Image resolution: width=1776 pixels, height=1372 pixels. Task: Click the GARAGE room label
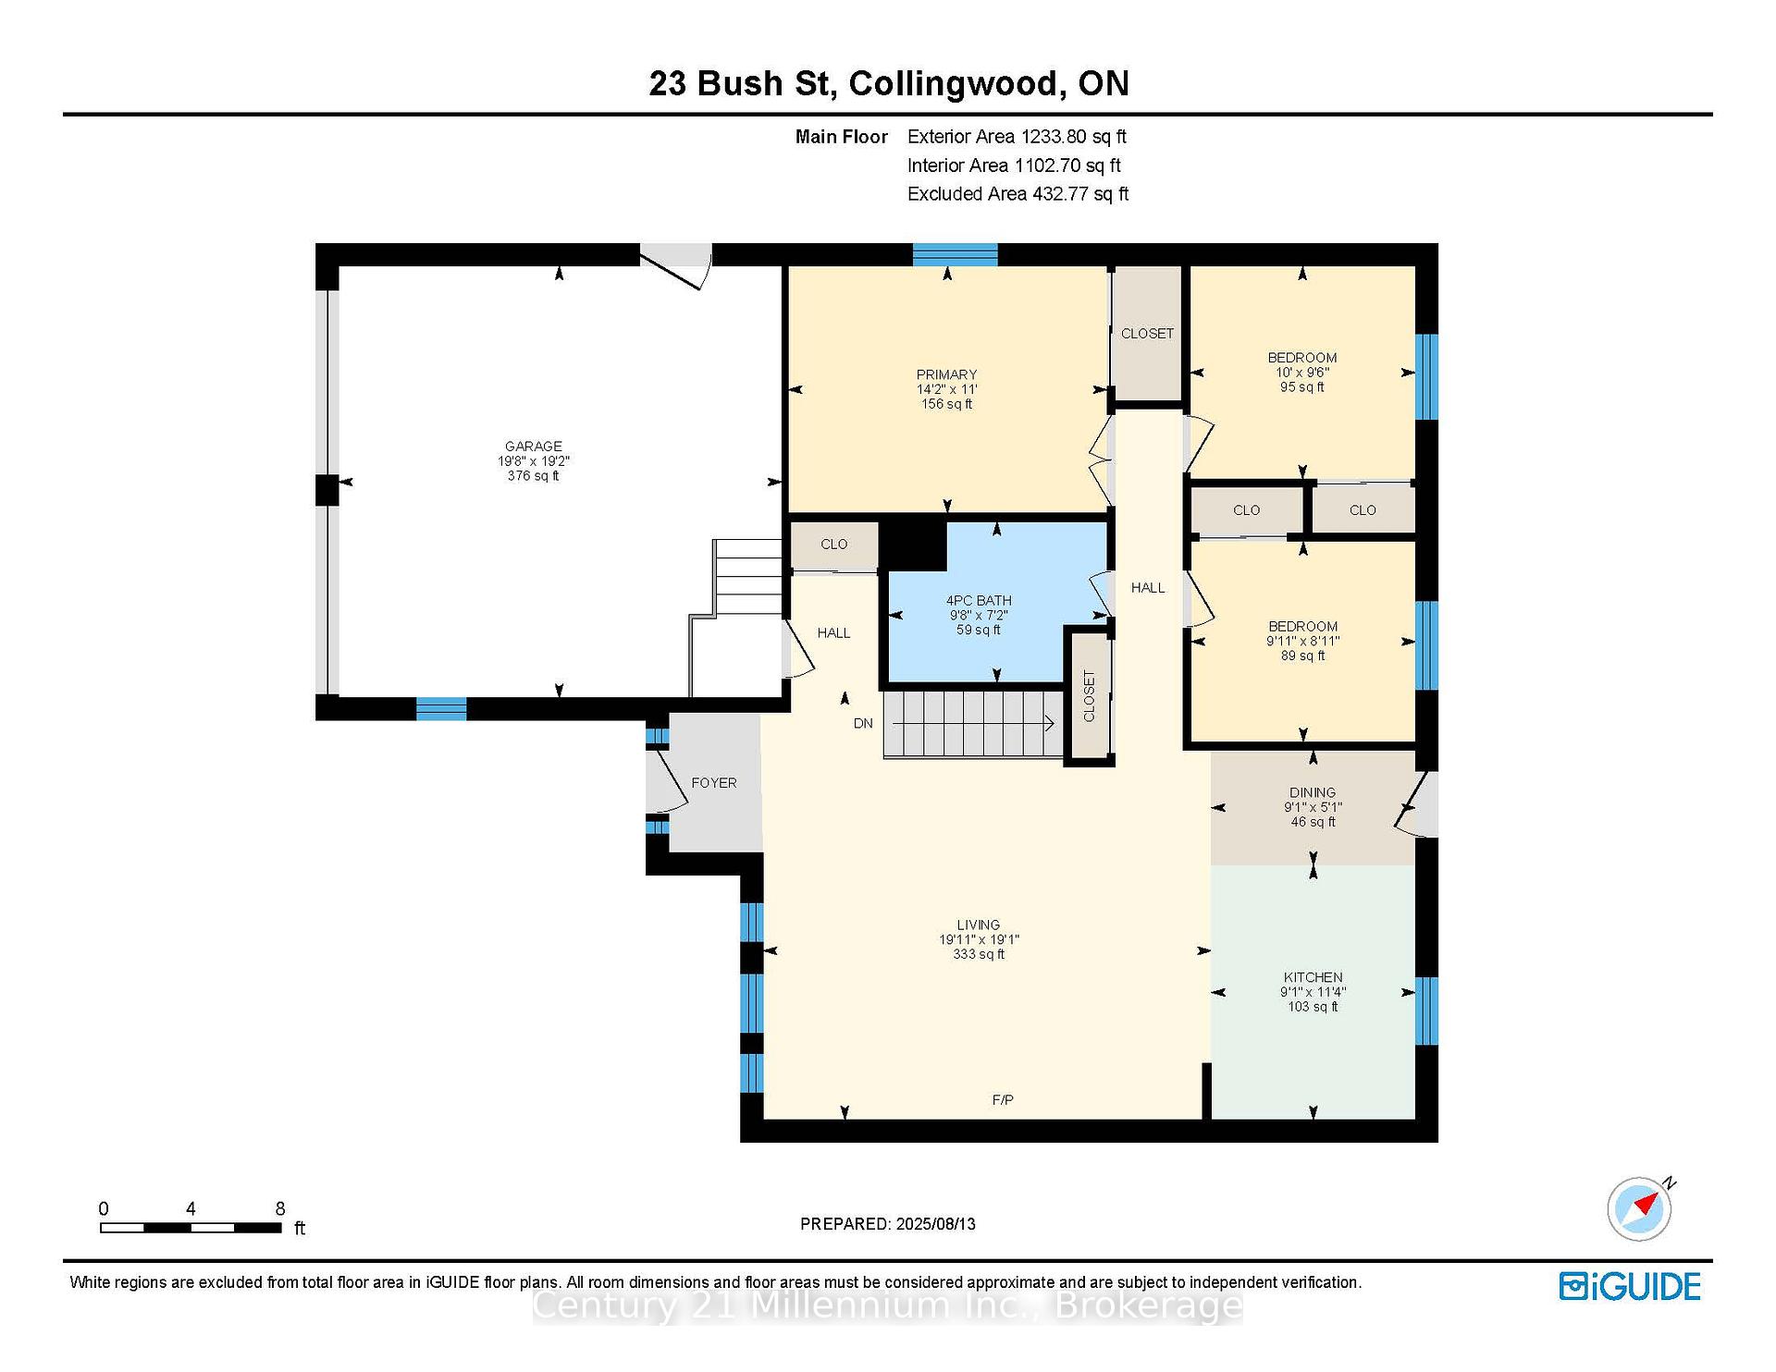534,446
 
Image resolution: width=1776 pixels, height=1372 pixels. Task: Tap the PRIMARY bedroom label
946,374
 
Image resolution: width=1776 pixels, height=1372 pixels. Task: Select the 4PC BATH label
979,600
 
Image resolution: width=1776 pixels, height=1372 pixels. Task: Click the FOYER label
714,782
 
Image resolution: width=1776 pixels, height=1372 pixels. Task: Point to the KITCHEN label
1313,977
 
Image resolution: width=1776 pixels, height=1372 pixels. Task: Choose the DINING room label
1313,792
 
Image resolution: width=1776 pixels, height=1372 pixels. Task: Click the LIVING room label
979,925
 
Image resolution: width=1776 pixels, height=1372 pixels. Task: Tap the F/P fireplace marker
1003,1099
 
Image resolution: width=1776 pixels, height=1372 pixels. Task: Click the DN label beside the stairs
863,723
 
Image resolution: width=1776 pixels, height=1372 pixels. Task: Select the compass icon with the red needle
1640,1208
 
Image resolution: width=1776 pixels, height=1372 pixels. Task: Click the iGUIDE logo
1630,1286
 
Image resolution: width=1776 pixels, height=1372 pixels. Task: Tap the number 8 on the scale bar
280,1208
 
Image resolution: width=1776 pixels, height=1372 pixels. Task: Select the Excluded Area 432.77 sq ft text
1017,194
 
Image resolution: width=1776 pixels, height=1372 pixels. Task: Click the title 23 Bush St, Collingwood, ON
889,83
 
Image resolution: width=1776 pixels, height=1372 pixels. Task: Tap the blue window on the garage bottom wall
441,708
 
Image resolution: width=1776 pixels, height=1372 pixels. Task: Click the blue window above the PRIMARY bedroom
955,255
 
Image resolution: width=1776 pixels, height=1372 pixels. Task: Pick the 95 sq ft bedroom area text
1302,387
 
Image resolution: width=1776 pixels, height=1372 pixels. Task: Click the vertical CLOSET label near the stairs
1089,696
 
